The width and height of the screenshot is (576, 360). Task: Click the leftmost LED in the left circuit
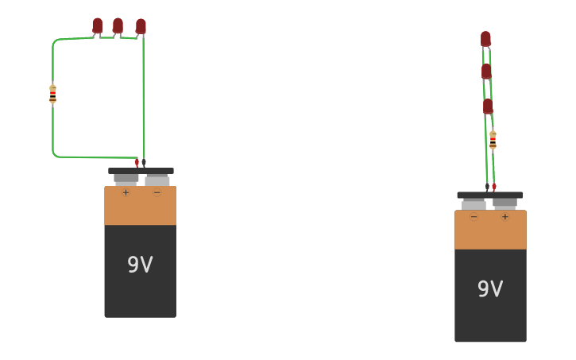pyautogui.click(x=98, y=25)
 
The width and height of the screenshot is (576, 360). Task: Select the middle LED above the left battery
pyautogui.click(x=118, y=25)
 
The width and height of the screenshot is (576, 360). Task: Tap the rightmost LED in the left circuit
pyautogui.click(x=141, y=26)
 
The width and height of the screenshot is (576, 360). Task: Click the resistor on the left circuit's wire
pyautogui.click(x=52, y=94)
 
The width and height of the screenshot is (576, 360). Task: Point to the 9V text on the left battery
pyautogui.click(x=140, y=265)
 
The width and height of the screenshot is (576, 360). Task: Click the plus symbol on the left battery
pyautogui.click(x=126, y=192)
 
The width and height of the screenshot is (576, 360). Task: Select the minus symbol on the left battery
pyautogui.click(x=157, y=192)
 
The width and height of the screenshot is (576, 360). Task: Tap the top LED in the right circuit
pyautogui.click(x=485, y=38)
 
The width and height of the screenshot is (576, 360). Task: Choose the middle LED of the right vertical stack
pyautogui.click(x=486, y=72)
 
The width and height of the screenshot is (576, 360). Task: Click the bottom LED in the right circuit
pyautogui.click(x=488, y=106)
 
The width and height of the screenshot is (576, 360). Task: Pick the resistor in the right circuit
pyautogui.click(x=493, y=140)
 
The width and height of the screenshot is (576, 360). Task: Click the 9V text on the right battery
pyautogui.click(x=490, y=288)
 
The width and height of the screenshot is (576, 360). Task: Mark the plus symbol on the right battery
pyautogui.click(x=504, y=216)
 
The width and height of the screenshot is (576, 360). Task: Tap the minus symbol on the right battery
pyautogui.click(x=474, y=216)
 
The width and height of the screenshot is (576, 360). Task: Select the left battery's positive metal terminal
pyautogui.click(x=126, y=179)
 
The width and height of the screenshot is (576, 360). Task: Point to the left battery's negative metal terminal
pyautogui.click(x=157, y=180)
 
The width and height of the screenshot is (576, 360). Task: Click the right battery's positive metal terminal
pyautogui.click(x=504, y=203)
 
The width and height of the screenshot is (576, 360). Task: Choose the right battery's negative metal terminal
pyautogui.click(x=474, y=203)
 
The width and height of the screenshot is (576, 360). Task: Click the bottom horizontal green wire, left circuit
pyautogui.click(x=95, y=157)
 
